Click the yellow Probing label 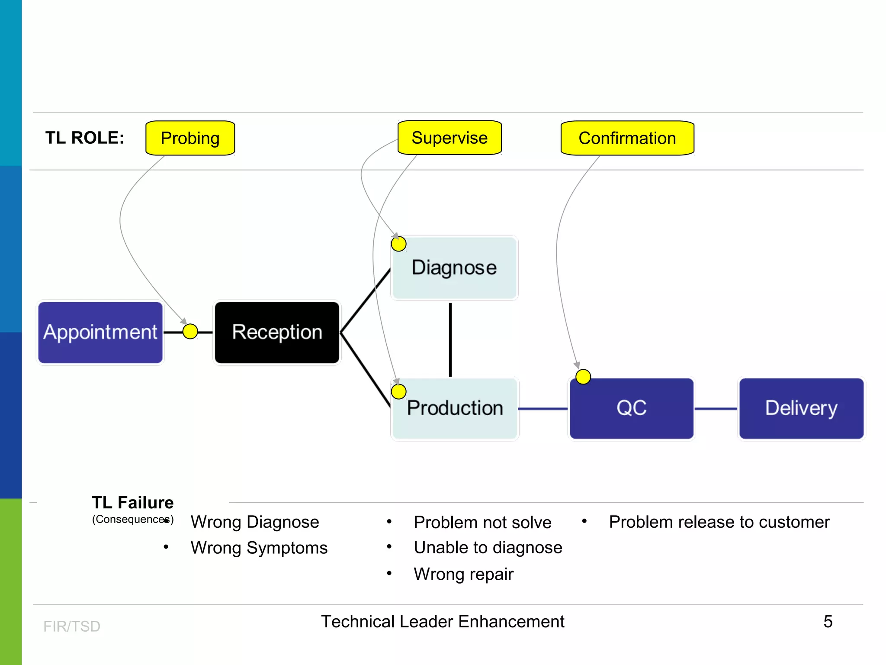(190, 138)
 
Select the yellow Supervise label (449, 138)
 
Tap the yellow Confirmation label (627, 138)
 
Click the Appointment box (100, 332)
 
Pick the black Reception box (277, 332)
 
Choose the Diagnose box (454, 268)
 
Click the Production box (455, 408)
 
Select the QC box (632, 408)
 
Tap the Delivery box (801, 408)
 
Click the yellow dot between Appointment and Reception (190, 332)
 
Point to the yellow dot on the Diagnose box (398, 244)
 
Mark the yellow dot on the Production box (398, 391)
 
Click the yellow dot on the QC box (583, 377)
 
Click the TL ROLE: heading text (85, 138)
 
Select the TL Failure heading (132, 503)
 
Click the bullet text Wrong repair (463, 574)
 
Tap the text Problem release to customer (719, 522)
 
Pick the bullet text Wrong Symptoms (259, 548)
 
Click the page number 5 (828, 622)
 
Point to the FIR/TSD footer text (72, 626)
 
